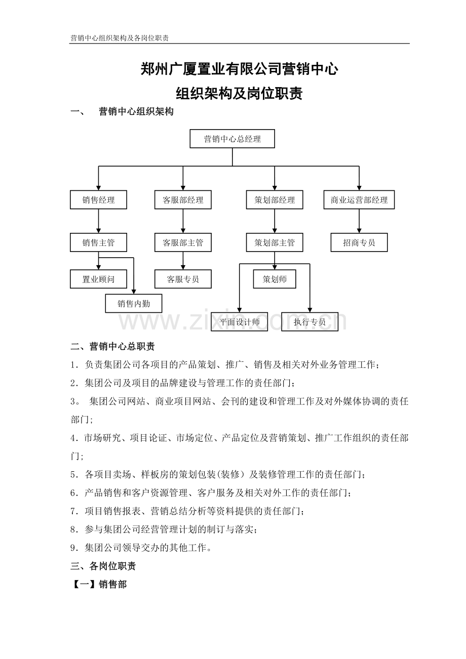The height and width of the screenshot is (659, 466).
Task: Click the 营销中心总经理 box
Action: pos(232,139)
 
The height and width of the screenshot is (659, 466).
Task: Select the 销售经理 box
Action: pos(98,200)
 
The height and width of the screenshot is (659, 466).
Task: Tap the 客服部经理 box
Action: pos(183,200)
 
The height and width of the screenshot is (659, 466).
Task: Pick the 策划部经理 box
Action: pos(275,200)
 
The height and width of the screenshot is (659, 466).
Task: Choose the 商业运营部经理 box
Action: pos(359,200)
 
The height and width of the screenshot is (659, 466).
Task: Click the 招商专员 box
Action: pos(359,242)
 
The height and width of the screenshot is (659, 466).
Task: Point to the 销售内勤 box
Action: pos(134,303)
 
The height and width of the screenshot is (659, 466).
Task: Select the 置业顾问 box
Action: pos(98,279)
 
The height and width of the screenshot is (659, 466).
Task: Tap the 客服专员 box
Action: pos(183,279)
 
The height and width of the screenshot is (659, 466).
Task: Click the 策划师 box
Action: pos(275,279)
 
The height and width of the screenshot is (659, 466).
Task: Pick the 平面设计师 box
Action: pos(239,321)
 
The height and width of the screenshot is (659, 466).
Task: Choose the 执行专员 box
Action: pos(309,321)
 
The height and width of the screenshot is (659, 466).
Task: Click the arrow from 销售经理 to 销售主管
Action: pos(98,221)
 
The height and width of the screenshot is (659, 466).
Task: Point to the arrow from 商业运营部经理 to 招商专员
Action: pos(359,221)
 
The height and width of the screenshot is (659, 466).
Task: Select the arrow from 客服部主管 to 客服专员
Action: pos(183,261)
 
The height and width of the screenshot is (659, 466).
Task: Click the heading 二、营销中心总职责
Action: pos(112,347)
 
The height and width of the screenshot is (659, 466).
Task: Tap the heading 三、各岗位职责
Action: pos(103,566)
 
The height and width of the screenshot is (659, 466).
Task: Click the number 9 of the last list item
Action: pos(73,548)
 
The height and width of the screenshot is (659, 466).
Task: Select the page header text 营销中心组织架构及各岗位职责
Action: pos(120,38)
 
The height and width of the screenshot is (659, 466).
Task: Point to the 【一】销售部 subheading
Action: pos(99,584)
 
